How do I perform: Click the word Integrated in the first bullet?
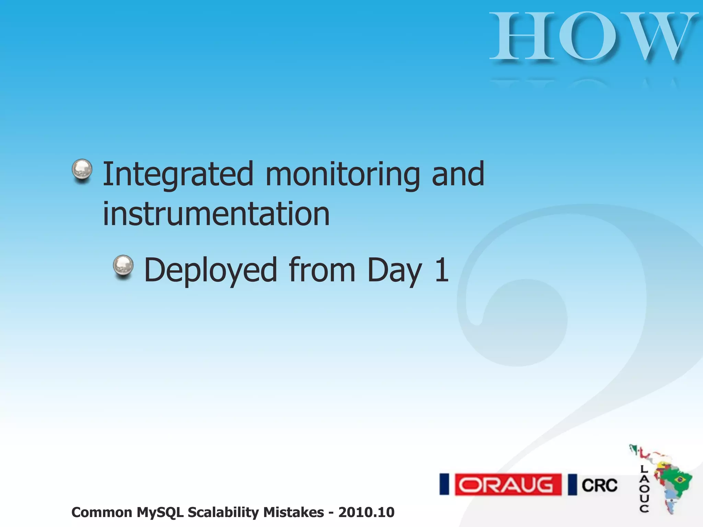pos(178,174)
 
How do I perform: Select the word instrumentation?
pos(216,214)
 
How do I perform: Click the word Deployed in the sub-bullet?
pos(210,270)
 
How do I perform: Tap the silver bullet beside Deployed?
pos(123,266)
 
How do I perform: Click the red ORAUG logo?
pos(508,484)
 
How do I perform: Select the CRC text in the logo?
pos(599,485)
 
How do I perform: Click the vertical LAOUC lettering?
pos(644,489)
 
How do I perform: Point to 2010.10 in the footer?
pos(366,512)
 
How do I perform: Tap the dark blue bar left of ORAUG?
pos(444,484)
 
